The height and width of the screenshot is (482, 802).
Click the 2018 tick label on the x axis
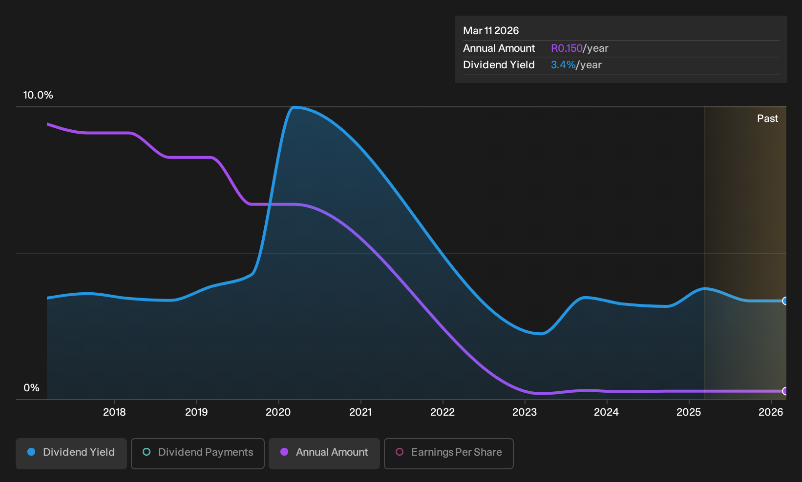click(114, 412)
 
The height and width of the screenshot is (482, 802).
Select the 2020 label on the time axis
click(278, 412)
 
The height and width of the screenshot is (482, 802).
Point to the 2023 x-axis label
click(525, 412)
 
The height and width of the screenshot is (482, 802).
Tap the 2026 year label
click(771, 412)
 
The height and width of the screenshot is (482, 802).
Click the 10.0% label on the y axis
click(38, 95)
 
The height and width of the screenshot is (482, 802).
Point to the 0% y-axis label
click(32, 388)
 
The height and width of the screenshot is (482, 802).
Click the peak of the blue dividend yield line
click(294, 107)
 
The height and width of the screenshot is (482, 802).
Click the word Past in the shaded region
click(767, 119)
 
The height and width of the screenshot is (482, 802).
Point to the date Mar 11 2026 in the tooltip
click(491, 31)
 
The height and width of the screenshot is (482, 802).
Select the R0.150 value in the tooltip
click(567, 48)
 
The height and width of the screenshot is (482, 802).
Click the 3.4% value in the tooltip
click(563, 65)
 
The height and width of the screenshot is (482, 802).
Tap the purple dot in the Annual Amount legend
click(284, 452)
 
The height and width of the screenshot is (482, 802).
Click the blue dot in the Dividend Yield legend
click(31, 452)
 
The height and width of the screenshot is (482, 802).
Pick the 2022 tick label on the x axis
click(443, 412)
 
